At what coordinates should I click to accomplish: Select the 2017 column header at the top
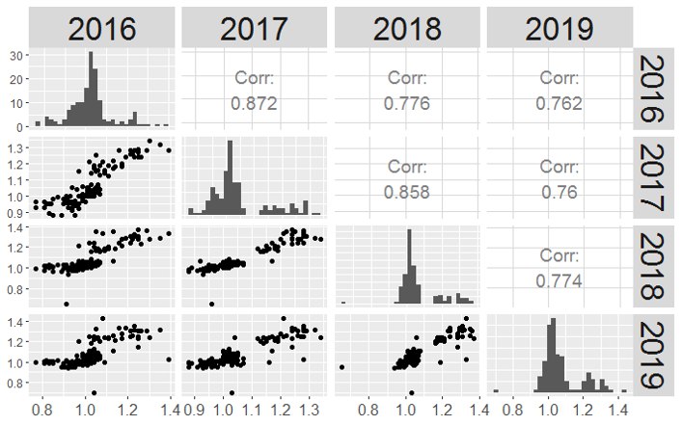coord(254,28)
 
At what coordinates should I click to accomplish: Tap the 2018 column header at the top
coord(406,28)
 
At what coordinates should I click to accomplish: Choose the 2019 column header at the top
coord(559,28)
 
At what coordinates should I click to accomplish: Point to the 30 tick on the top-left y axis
coord(18,55)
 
